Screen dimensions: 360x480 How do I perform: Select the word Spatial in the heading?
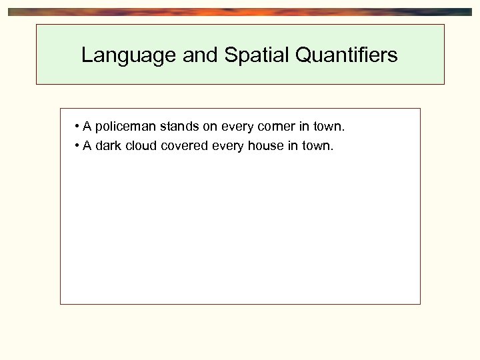(255, 55)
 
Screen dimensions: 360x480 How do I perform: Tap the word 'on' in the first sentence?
(210, 127)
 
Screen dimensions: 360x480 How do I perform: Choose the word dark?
(109, 146)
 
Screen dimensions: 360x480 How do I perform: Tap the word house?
(265, 146)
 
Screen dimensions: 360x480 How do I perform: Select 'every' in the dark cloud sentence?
(228, 146)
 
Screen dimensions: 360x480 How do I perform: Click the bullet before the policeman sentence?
(78, 127)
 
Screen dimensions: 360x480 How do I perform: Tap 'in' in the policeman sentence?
(303, 127)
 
